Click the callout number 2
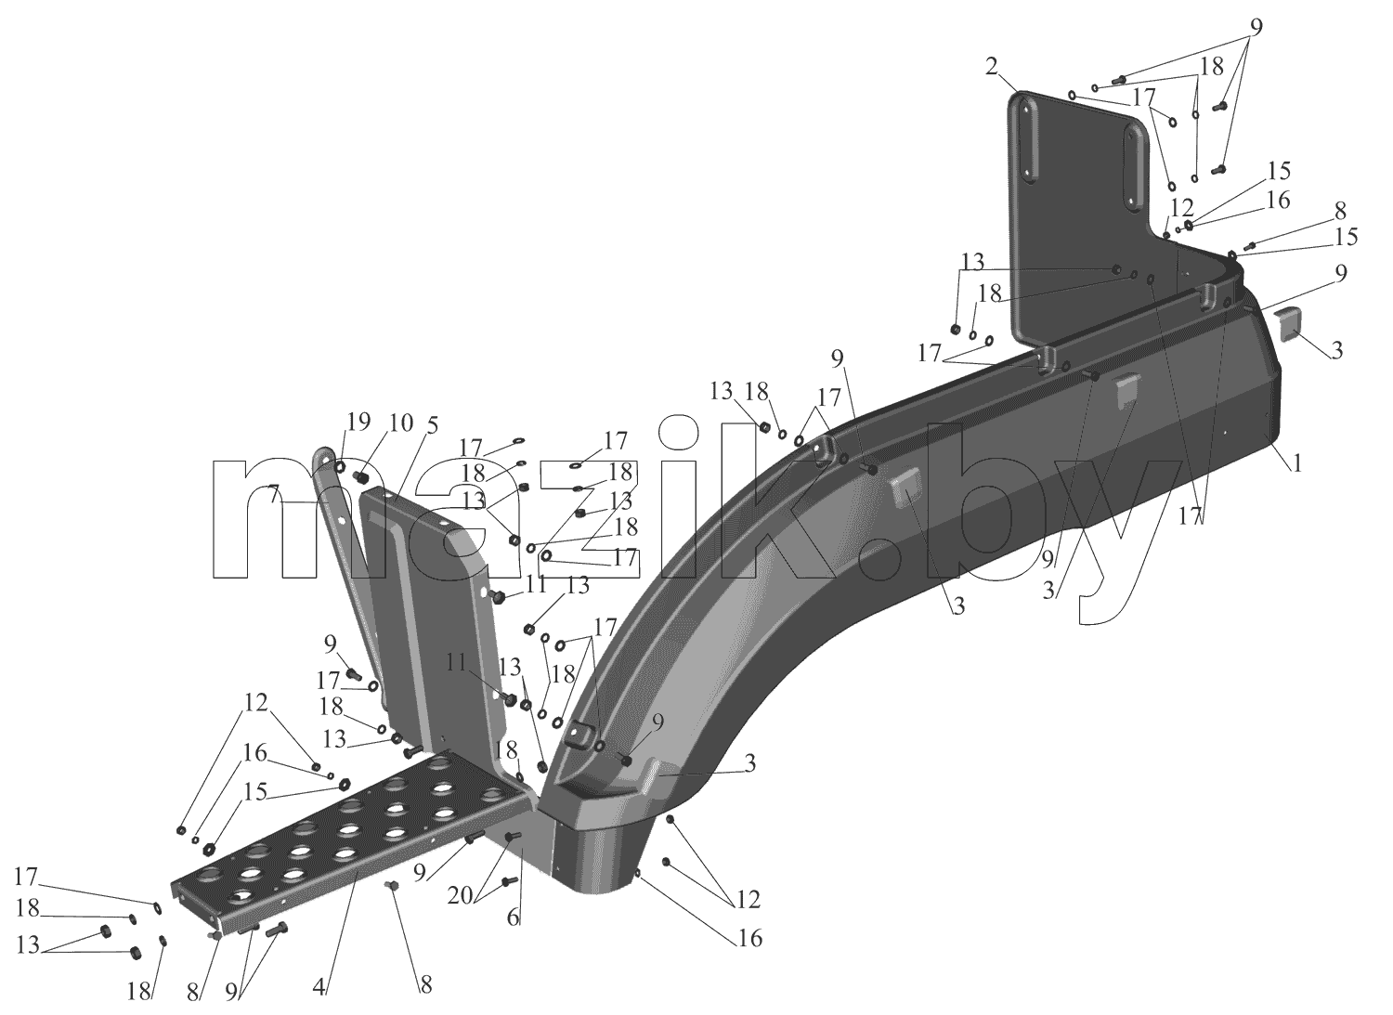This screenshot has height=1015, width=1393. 992,67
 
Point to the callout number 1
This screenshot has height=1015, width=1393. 1296,463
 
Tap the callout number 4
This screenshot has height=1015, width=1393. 319,987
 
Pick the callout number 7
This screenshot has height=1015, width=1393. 275,494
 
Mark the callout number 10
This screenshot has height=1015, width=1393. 402,423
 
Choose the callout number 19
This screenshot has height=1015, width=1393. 358,421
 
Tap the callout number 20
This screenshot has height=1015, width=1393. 461,895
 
